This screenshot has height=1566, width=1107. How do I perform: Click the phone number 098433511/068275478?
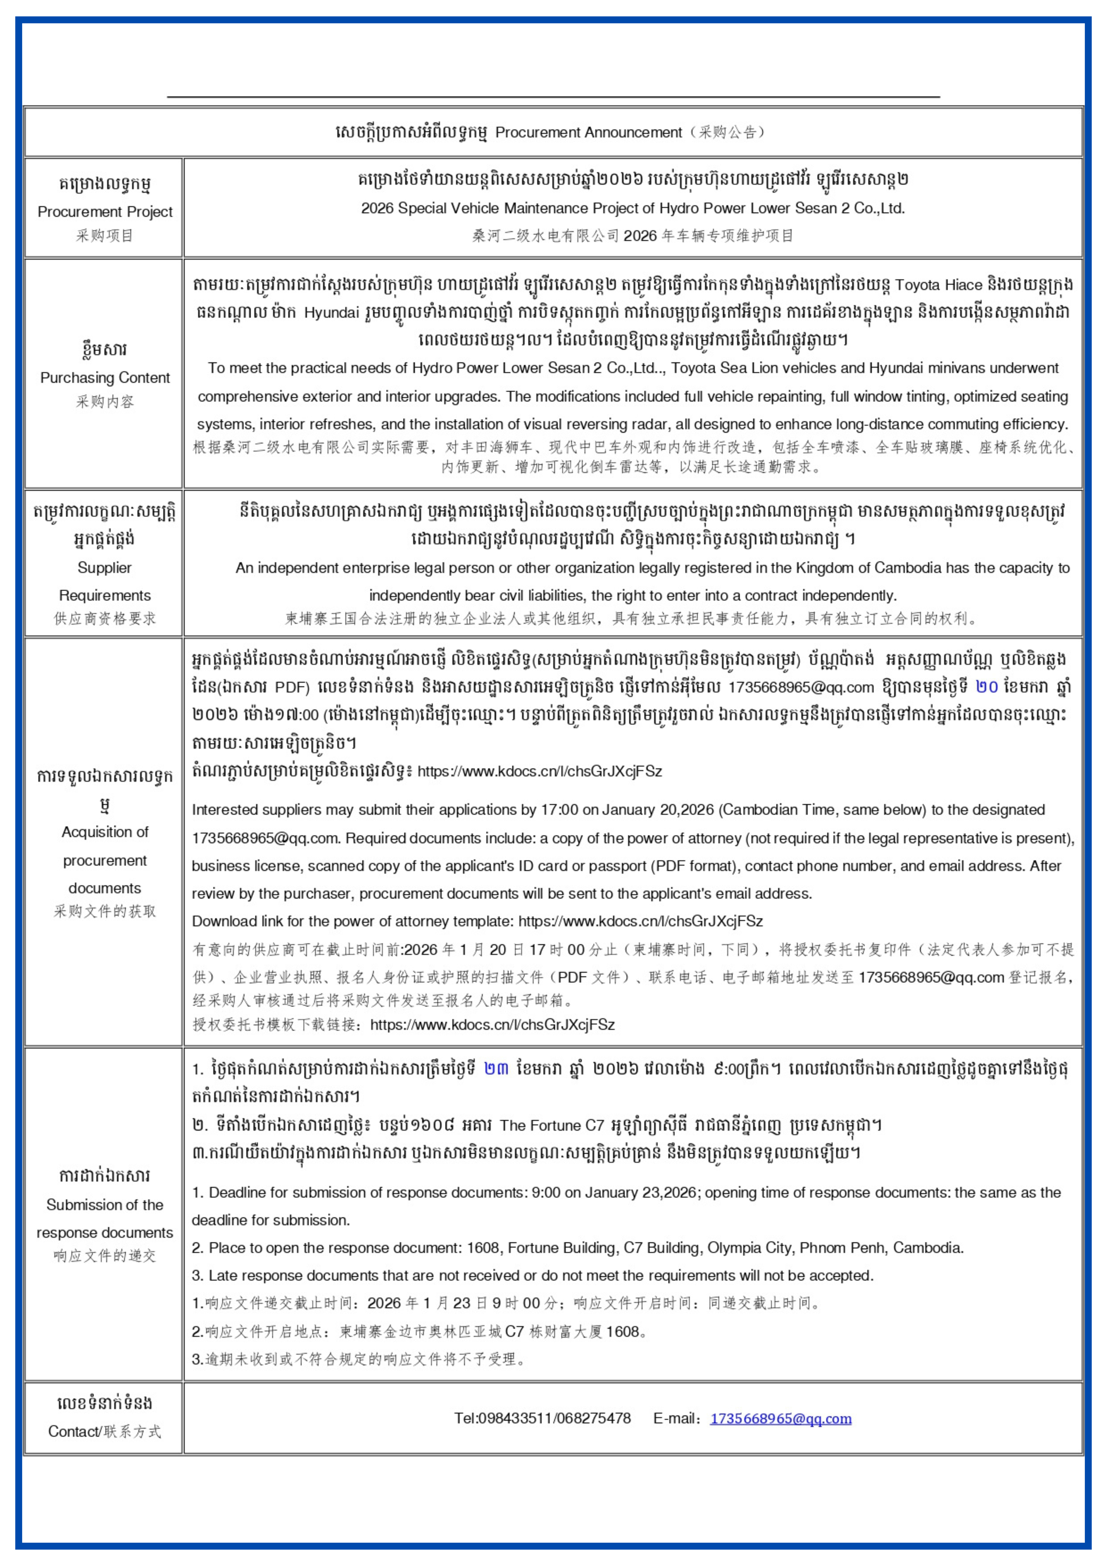click(543, 1419)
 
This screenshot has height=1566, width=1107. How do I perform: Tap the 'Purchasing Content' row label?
click(105, 378)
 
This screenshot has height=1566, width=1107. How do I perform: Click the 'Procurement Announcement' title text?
click(588, 132)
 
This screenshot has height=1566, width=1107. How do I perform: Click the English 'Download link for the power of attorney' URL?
click(641, 922)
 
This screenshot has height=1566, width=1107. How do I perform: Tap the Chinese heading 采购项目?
click(105, 235)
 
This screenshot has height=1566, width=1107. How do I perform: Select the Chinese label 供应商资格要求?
click(105, 619)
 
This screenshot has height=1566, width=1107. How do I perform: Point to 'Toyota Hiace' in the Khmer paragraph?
click(939, 285)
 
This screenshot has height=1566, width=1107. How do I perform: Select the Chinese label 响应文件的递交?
click(105, 1256)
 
